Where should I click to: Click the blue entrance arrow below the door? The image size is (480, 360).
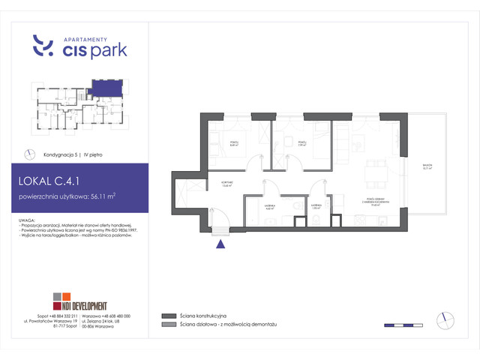point(220,241)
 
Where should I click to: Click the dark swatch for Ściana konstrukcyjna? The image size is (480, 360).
point(165,316)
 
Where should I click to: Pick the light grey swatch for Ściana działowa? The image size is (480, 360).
point(165,325)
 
